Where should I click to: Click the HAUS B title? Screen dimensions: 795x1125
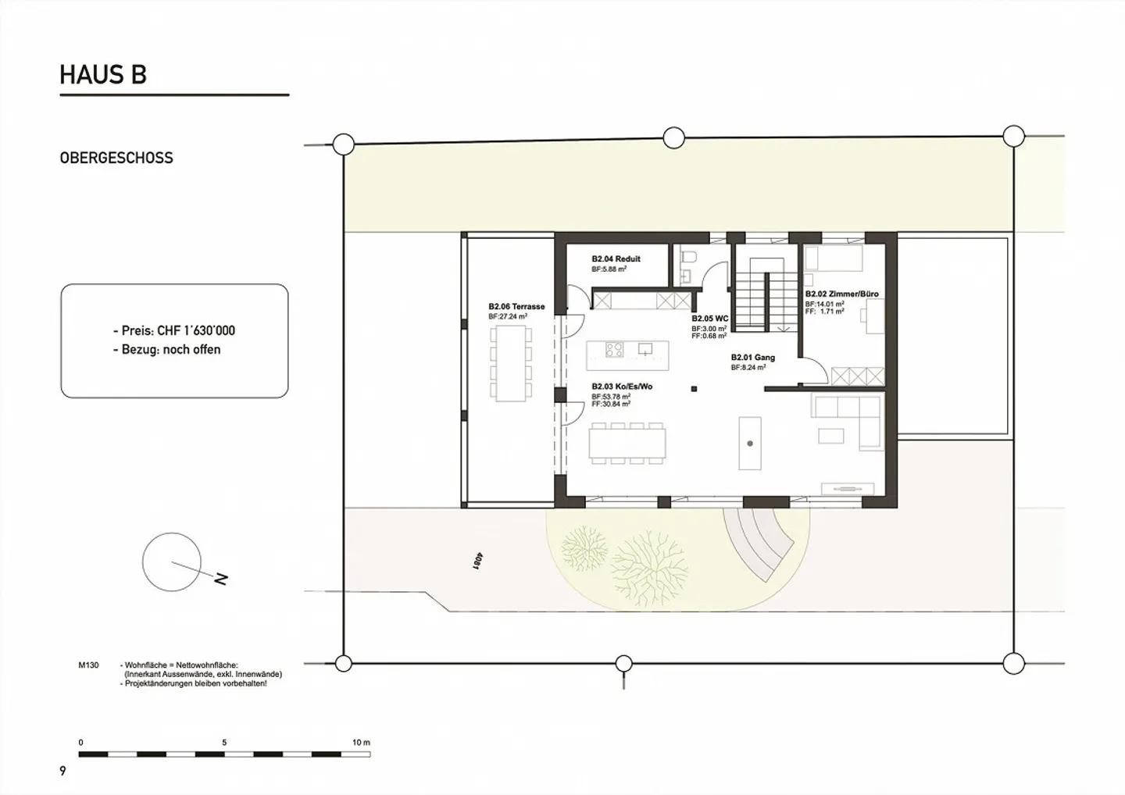coord(103,75)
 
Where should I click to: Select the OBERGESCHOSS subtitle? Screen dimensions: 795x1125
coord(116,158)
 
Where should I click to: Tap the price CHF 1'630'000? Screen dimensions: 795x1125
coord(173,330)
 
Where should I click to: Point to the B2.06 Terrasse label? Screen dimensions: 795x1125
coord(516,307)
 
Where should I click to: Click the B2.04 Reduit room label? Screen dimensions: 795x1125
coord(616,258)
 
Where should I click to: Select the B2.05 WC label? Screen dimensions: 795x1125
coord(710,319)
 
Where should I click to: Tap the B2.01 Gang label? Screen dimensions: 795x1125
coord(753,358)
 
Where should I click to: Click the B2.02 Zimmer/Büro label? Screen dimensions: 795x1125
coord(841,294)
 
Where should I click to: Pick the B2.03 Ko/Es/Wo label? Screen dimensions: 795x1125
coord(622,387)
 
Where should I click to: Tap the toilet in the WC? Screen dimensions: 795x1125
coord(688,258)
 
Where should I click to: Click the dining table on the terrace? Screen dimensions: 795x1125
coord(512,364)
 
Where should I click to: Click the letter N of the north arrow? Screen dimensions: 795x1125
coord(221,579)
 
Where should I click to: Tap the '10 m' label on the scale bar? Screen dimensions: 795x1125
coord(361,742)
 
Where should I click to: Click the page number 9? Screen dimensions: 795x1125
coord(63,772)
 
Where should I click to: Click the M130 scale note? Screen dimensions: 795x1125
coord(88,665)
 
